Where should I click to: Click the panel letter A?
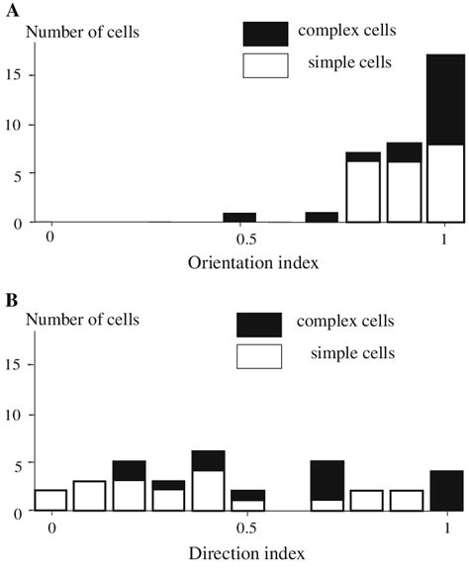coord(9,8)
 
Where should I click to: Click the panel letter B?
coord(9,295)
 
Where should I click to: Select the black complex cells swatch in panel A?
coord(265,34)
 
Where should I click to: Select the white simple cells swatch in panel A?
coord(265,65)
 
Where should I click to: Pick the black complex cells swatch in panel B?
coord(259,324)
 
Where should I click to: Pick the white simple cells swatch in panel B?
coord(259,353)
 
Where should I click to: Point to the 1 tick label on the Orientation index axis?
coord(445,240)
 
